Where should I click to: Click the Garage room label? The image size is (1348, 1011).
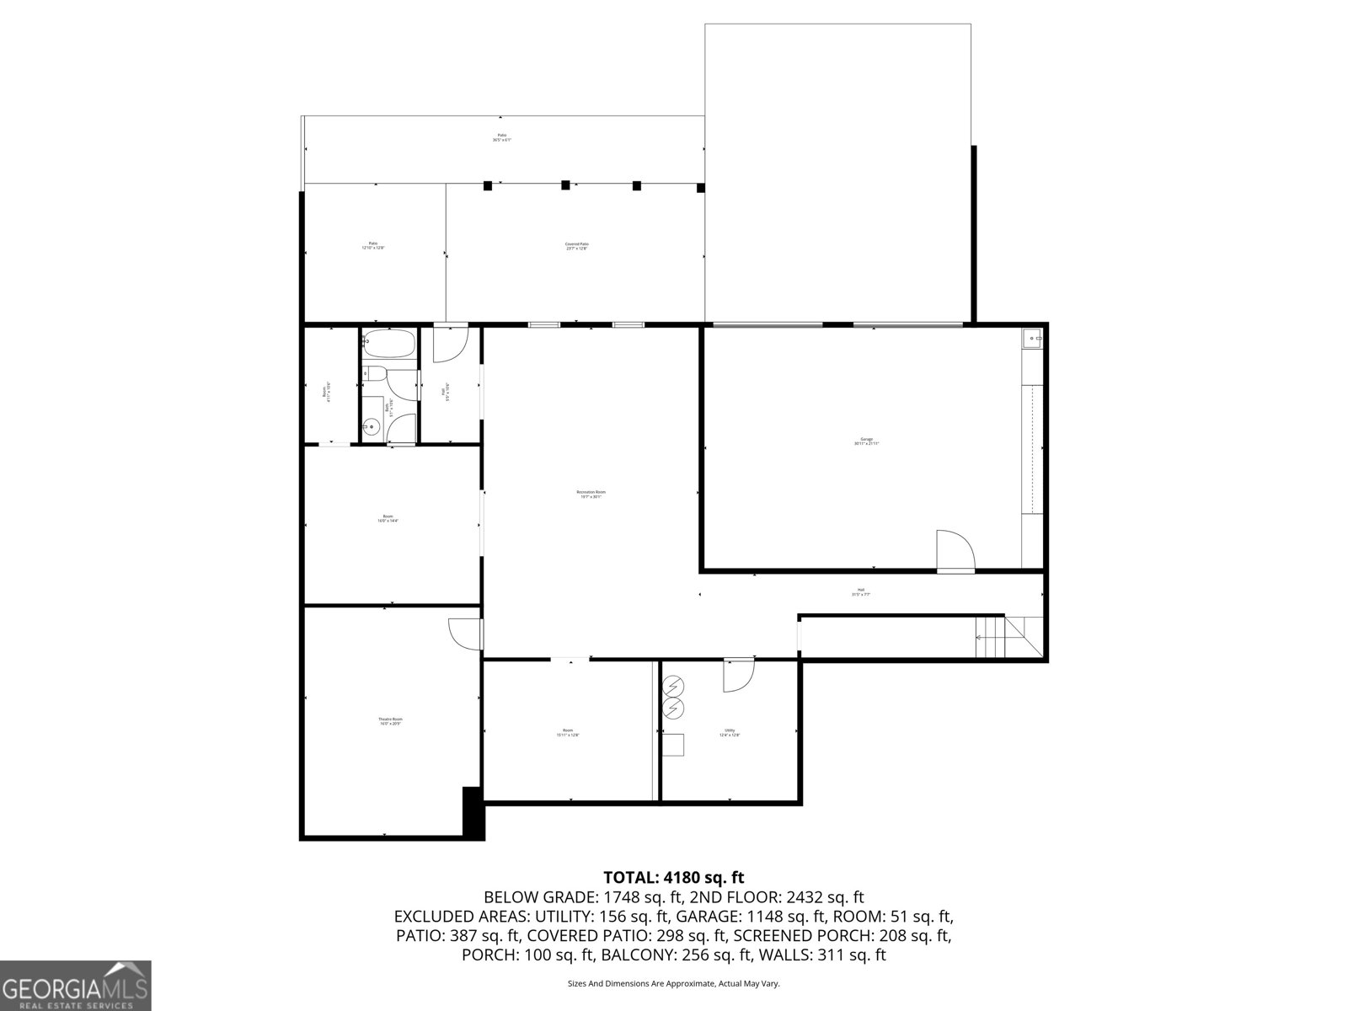tap(866, 441)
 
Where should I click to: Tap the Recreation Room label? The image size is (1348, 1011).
tap(591, 495)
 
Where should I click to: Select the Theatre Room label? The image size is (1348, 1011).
tap(390, 721)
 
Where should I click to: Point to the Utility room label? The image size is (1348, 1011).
tap(730, 733)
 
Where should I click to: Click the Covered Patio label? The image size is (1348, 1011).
tap(576, 246)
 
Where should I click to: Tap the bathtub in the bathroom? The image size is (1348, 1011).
tap(389, 344)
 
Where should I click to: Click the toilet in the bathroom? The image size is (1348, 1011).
tap(374, 373)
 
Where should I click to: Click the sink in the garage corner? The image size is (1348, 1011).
tap(1032, 339)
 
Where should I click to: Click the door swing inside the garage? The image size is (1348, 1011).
tap(955, 550)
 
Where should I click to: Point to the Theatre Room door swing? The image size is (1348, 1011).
tap(463, 633)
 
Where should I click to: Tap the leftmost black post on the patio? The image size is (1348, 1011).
tap(487, 185)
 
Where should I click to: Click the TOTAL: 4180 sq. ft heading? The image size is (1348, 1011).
tap(674, 878)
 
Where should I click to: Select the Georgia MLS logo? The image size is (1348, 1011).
tap(76, 986)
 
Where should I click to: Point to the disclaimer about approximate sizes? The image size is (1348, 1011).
tap(674, 983)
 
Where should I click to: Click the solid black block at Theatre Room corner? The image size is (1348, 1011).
tap(474, 812)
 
